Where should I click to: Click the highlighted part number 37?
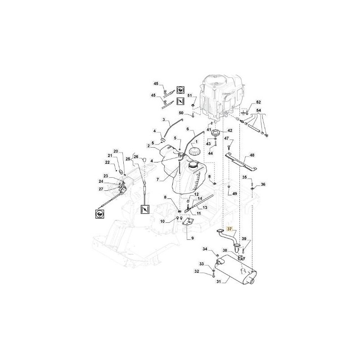(229, 229)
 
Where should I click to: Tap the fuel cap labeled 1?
(195, 152)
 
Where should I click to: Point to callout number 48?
(252, 155)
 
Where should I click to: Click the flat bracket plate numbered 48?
(241, 162)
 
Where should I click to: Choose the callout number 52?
(258, 102)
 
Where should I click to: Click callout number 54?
(258, 110)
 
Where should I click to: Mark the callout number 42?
(229, 130)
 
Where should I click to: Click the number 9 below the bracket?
(193, 238)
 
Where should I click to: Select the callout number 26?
(136, 157)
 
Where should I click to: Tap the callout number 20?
(116, 151)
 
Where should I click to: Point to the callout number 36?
(263, 184)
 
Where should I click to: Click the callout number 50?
(181, 113)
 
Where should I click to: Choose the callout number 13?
(205, 207)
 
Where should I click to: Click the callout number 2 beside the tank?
(148, 145)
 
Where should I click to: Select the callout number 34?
(205, 249)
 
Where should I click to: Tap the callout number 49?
(234, 194)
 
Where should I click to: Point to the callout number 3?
(164, 120)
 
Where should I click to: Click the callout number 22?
(108, 162)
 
